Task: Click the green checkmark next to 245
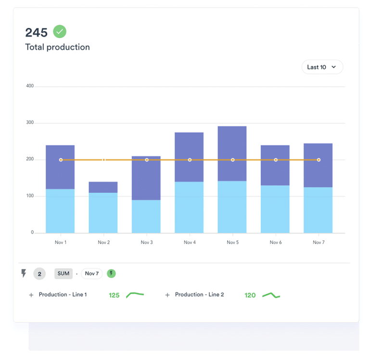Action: point(60,32)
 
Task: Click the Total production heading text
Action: point(57,47)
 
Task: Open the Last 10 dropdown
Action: point(322,67)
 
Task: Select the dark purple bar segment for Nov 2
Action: point(103,187)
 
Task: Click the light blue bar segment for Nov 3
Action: point(146,216)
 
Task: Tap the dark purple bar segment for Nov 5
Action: point(232,153)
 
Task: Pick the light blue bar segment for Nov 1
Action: point(60,211)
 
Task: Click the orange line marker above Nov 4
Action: point(190,160)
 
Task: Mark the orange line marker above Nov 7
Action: point(318,160)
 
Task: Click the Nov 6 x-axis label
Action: point(276,243)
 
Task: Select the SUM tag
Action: point(64,273)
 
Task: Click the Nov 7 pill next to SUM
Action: point(91,273)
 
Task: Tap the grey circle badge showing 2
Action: point(39,274)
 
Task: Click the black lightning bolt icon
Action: point(24,273)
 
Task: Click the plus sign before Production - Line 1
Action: point(31,295)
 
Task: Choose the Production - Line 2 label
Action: point(199,295)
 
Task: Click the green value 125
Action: point(114,295)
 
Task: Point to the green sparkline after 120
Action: point(271,295)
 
